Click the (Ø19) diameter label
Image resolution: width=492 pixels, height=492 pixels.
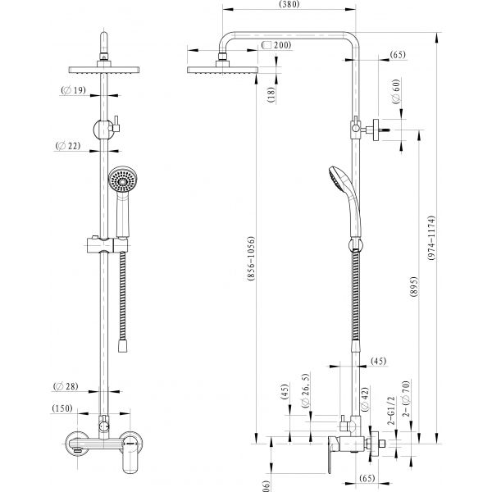[74, 92]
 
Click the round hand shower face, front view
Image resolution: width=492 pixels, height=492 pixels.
[119, 180]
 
